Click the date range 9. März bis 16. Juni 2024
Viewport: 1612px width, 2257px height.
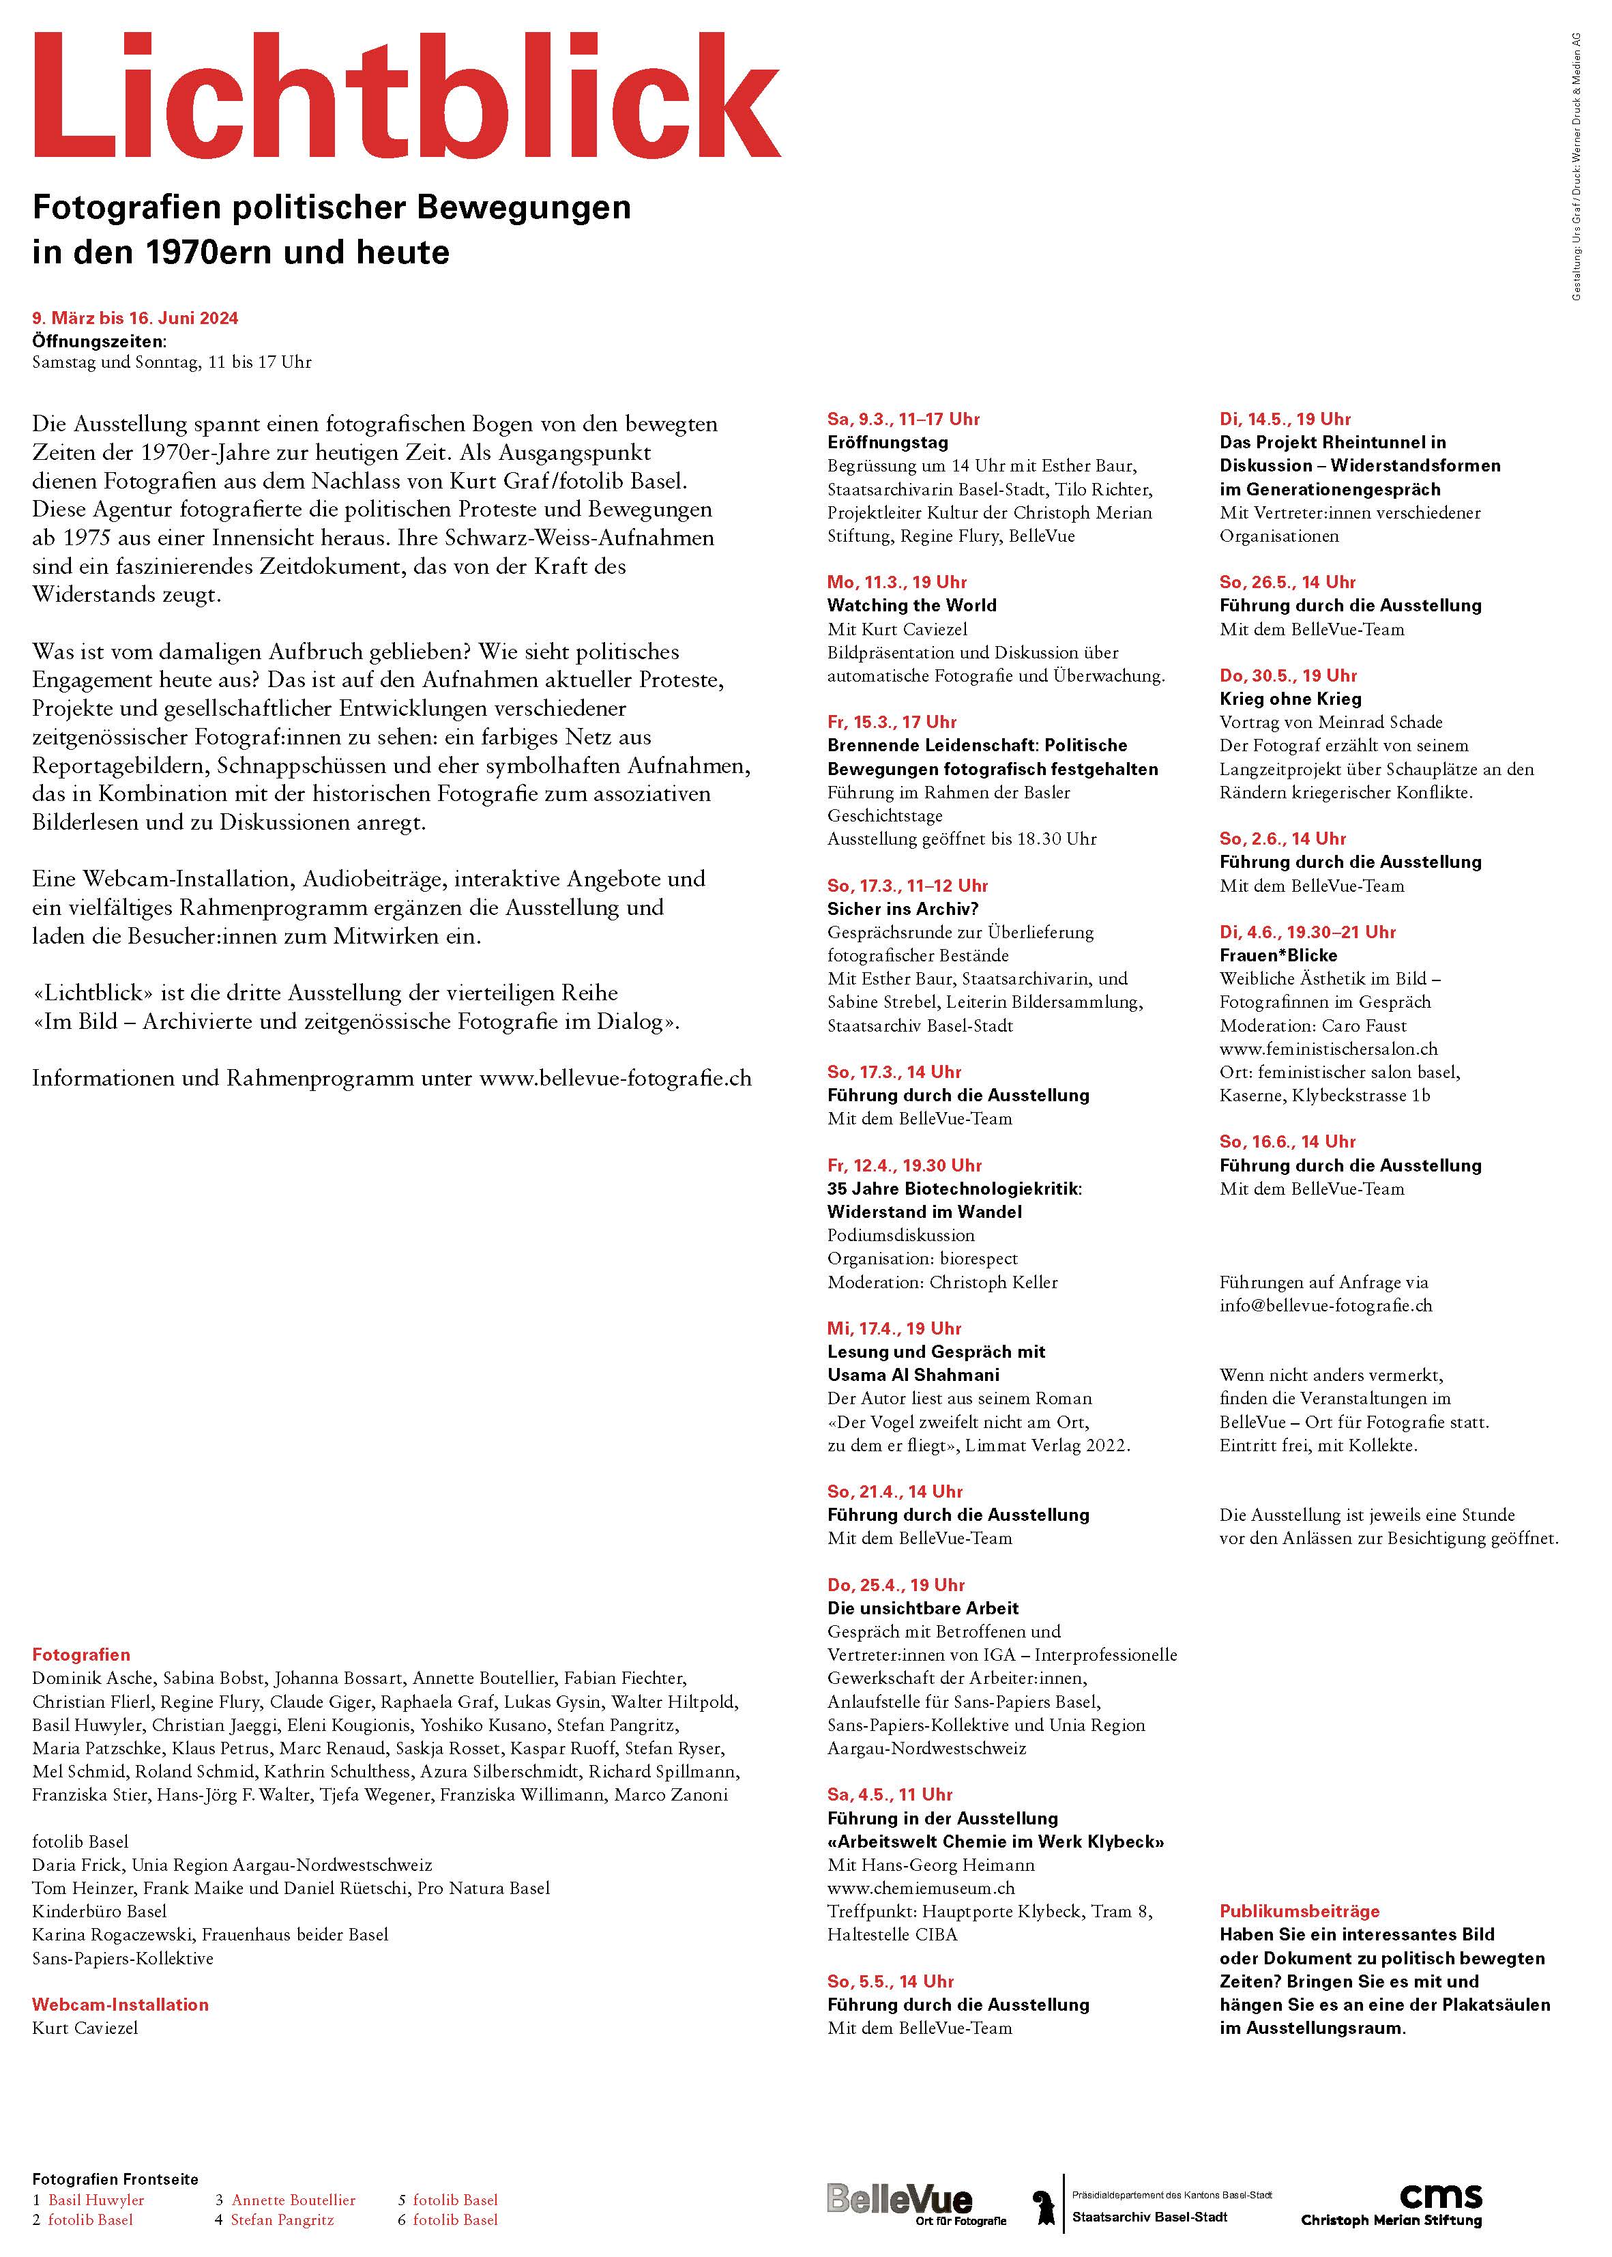(x=135, y=319)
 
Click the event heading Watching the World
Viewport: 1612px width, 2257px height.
(x=911, y=605)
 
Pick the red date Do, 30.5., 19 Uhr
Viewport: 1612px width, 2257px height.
(x=1287, y=676)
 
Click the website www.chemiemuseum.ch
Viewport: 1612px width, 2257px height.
(x=920, y=1888)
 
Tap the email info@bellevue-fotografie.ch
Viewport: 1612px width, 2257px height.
(x=1325, y=1306)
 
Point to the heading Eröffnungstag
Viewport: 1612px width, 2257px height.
(x=888, y=443)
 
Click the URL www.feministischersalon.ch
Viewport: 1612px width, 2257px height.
(x=1328, y=1049)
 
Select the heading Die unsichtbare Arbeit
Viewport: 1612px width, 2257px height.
(x=922, y=1608)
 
